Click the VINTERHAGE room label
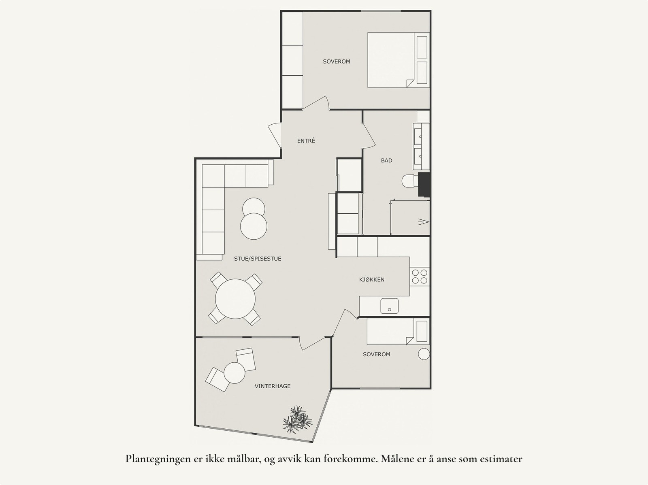[x=273, y=386]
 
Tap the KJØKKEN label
[x=372, y=280]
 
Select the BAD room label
[x=386, y=161]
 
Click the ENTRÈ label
[x=306, y=141]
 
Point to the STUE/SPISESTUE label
[x=258, y=259]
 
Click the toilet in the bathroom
[x=410, y=181]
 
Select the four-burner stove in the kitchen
[x=420, y=276]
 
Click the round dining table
[x=235, y=299]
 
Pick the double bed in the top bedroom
[x=391, y=60]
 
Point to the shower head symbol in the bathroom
[x=423, y=221]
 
